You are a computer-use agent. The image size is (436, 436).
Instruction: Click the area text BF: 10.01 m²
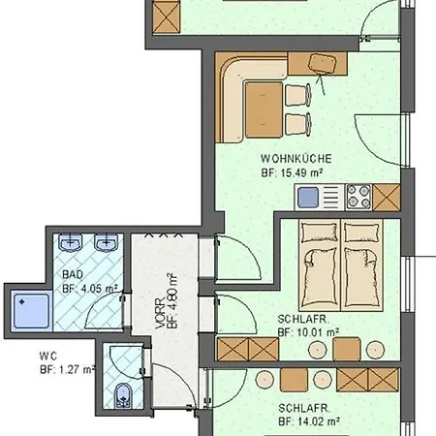(x=307, y=331)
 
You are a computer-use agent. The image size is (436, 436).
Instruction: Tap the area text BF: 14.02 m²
(x=307, y=421)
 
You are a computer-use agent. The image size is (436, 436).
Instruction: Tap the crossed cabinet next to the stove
(x=387, y=198)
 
